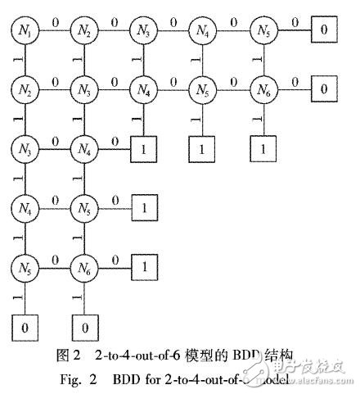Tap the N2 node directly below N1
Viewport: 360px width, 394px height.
tap(25, 88)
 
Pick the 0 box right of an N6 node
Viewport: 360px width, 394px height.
tap(324, 88)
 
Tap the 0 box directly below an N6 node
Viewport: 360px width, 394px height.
tap(83, 327)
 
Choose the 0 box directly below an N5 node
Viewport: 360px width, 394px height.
tap(25, 327)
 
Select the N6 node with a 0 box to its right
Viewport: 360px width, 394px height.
tap(262, 88)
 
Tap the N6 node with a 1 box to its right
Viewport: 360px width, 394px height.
tap(83, 265)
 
